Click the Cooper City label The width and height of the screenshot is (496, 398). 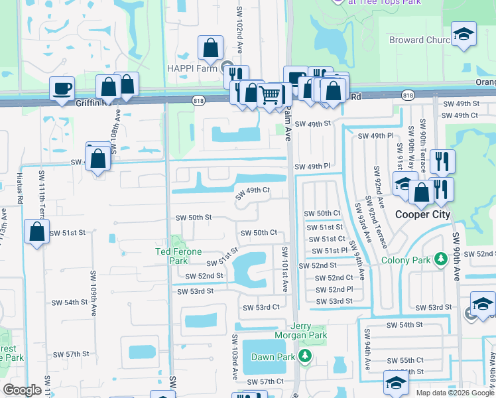pyautogui.click(x=422, y=214)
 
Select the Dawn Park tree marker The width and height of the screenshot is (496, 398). pyautogui.click(x=304, y=357)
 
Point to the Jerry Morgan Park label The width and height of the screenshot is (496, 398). pyautogui.click(x=309, y=330)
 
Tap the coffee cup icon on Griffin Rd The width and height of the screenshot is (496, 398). pyautogui.click(x=62, y=89)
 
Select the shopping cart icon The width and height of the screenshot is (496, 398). pyautogui.click(x=270, y=96)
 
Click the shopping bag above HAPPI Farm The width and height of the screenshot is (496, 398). pyautogui.click(x=210, y=48)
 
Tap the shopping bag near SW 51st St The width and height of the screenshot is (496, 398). pyautogui.click(x=37, y=232)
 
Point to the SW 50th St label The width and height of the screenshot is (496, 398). pyautogui.click(x=193, y=217)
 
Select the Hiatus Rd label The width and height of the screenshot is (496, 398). pyautogui.click(x=19, y=189)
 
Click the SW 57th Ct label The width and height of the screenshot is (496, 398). pyautogui.click(x=265, y=381)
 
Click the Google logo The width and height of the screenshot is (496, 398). pyautogui.click(x=23, y=390)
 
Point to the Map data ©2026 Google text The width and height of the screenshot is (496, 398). pyautogui.click(x=454, y=392)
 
